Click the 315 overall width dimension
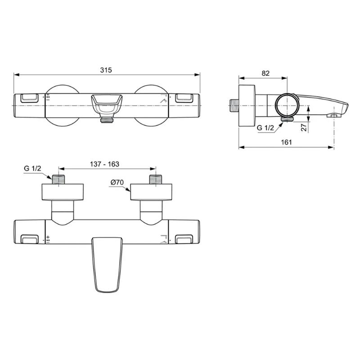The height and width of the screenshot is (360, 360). tap(106, 70)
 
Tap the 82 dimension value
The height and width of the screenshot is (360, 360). tap(265, 73)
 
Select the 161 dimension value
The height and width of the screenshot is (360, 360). tap(286, 142)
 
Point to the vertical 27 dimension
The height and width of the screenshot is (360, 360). tap(304, 127)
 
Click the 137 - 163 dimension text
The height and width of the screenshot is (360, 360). tap(104, 164)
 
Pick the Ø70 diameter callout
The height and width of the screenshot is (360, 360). tap(117, 182)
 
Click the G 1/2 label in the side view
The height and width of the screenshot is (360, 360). tap(265, 128)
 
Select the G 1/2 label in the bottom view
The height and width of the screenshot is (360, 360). tap(32, 168)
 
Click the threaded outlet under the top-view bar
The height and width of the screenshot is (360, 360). tap(107, 120)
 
